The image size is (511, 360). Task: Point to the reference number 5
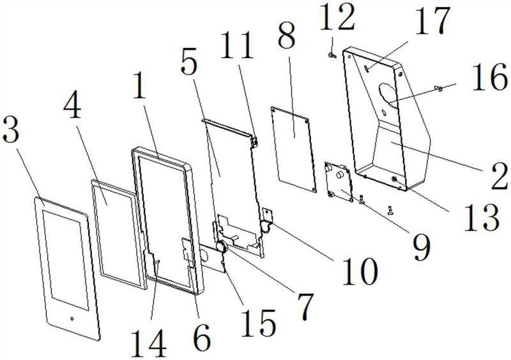[x=189, y=64]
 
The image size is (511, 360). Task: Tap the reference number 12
[x=337, y=17]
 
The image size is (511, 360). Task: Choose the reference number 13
[x=481, y=216]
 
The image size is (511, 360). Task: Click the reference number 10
[x=359, y=270]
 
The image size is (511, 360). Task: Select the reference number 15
[x=258, y=322]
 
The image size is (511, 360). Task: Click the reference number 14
[x=149, y=342]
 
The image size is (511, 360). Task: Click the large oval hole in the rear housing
[x=388, y=93]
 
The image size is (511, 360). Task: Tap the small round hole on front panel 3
[x=72, y=319]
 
